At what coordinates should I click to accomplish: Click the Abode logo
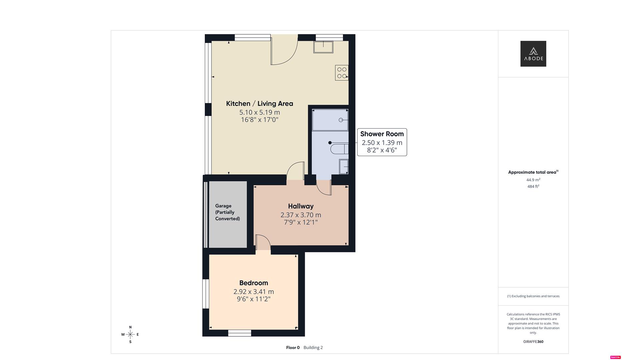pyautogui.click(x=533, y=54)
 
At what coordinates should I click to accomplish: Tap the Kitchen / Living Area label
pyautogui.click(x=259, y=104)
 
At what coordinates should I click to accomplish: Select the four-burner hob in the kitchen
pyautogui.click(x=342, y=73)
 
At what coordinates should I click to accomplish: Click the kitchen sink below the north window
pyautogui.click(x=323, y=47)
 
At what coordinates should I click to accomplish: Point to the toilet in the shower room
pyautogui.click(x=339, y=149)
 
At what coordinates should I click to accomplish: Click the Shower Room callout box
pyautogui.click(x=382, y=142)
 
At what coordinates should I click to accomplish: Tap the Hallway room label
pyautogui.click(x=300, y=206)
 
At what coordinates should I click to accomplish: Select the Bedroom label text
pyautogui.click(x=253, y=283)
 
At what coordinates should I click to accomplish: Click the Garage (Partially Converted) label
pyautogui.click(x=227, y=212)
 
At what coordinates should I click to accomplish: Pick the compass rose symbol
pyautogui.click(x=130, y=334)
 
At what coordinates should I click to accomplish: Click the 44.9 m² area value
pyautogui.click(x=533, y=180)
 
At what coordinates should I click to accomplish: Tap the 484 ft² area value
pyautogui.click(x=533, y=187)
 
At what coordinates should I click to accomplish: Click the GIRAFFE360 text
pyautogui.click(x=533, y=342)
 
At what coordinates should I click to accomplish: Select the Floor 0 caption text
pyautogui.click(x=293, y=348)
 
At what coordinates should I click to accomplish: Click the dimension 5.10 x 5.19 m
pyautogui.click(x=259, y=112)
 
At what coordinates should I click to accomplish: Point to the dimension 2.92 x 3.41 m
pyautogui.click(x=253, y=292)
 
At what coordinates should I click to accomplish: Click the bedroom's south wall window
pyautogui.click(x=239, y=333)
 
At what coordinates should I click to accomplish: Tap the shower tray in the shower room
pyautogui.click(x=330, y=120)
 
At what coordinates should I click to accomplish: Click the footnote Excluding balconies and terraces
pyautogui.click(x=533, y=296)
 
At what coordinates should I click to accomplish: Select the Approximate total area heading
pyautogui.click(x=532, y=172)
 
